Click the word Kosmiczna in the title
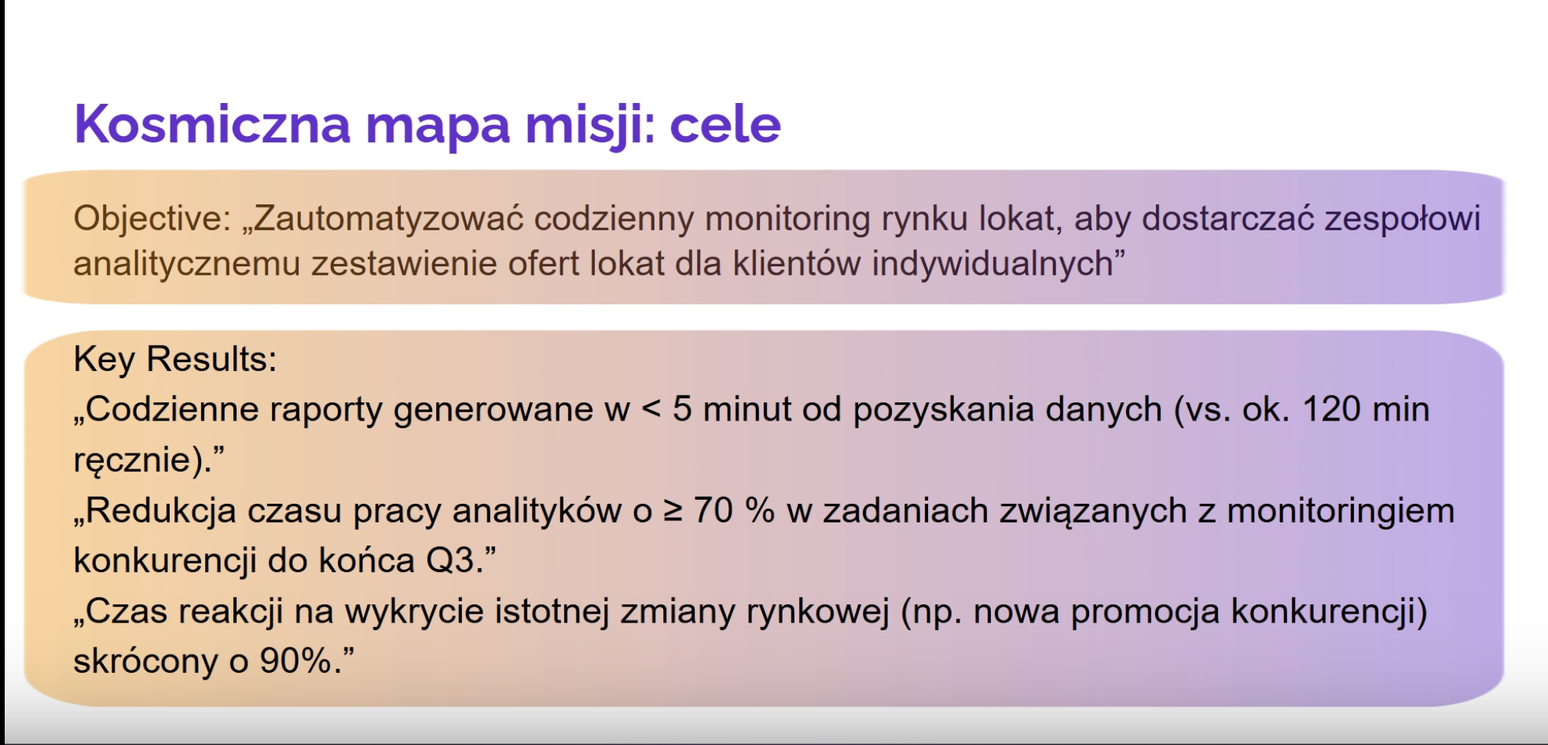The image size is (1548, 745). (x=212, y=123)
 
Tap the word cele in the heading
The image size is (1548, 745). (x=725, y=124)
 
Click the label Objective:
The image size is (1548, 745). (x=152, y=218)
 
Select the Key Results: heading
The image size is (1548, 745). (x=175, y=359)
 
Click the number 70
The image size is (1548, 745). (x=713, y=511)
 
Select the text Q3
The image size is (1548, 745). (x=450, y=561)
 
